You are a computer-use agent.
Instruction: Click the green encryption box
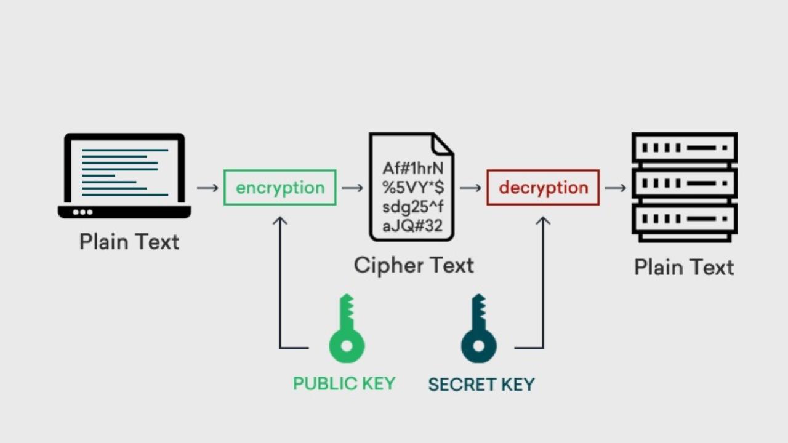280,188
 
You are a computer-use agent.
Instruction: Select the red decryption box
543,188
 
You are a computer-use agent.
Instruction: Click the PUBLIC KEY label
344,384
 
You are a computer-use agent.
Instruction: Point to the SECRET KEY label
481,385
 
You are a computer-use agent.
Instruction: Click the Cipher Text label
414,265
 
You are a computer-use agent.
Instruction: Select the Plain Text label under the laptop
129,241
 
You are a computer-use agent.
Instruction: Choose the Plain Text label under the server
684,267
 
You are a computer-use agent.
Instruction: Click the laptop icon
124,175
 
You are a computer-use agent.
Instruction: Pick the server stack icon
685,187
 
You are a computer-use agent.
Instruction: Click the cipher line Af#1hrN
413,169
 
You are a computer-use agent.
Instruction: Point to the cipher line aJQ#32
412,226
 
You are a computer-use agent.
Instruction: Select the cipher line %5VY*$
413,188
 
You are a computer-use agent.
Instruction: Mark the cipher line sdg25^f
412,207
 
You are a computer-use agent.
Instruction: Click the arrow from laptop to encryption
207,187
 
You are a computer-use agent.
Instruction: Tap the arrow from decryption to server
615,187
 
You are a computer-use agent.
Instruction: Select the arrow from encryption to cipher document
352,187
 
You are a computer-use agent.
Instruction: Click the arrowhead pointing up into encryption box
280,220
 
